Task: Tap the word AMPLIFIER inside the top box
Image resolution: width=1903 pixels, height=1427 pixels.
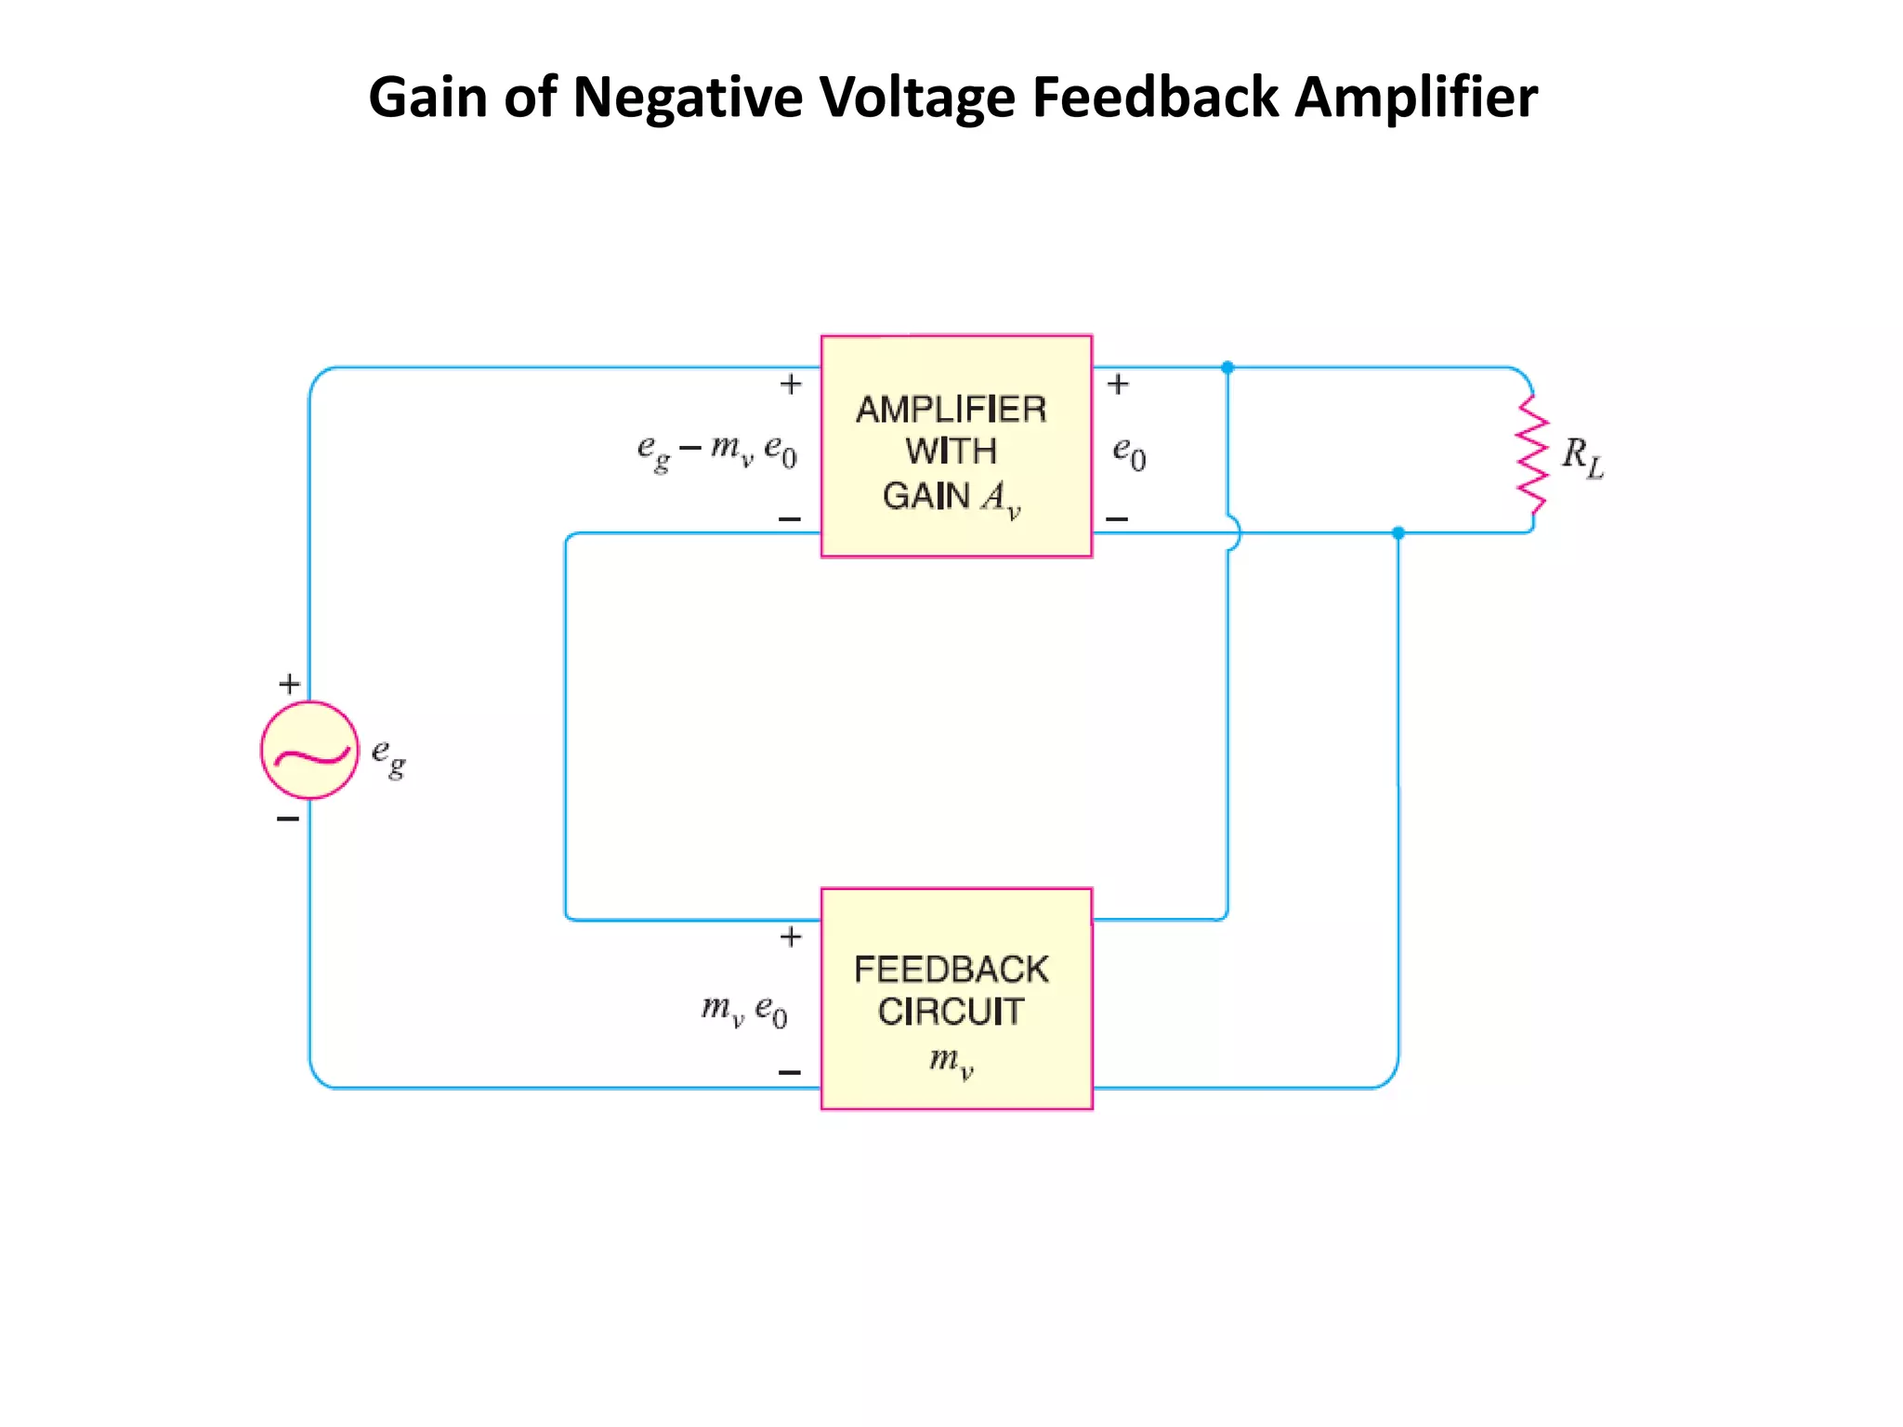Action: (951, 410)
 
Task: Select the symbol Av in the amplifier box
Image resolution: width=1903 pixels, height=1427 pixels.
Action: (1001, 498)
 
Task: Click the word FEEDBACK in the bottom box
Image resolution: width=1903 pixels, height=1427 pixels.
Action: (951, 970)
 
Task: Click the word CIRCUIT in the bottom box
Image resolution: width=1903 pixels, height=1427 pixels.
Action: (951, 1012)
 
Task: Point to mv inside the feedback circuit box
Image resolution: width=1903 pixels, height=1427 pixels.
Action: (951, 1060)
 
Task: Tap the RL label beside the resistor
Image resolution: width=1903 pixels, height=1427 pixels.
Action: (1582, 457)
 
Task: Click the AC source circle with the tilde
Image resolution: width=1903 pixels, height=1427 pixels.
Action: (309, 750)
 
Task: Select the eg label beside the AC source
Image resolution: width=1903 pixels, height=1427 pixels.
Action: (388, 756)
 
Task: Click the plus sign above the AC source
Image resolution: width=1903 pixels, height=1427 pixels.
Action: (289, 685)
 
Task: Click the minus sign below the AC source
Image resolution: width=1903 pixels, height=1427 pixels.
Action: (288, 818)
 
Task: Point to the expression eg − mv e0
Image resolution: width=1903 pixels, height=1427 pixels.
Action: (716, 452)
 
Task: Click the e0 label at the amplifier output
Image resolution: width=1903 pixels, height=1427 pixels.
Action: (1129, 453)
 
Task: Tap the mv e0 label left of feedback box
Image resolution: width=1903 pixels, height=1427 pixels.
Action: (744, 1010)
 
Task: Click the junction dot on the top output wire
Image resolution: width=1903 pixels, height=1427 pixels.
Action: (1227, 368)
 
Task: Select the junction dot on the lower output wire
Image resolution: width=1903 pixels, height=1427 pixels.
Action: (1398, 533)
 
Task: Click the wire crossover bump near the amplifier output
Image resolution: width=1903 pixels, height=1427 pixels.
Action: (1232, 533)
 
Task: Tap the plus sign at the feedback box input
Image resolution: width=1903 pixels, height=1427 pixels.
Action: (791, 936)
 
